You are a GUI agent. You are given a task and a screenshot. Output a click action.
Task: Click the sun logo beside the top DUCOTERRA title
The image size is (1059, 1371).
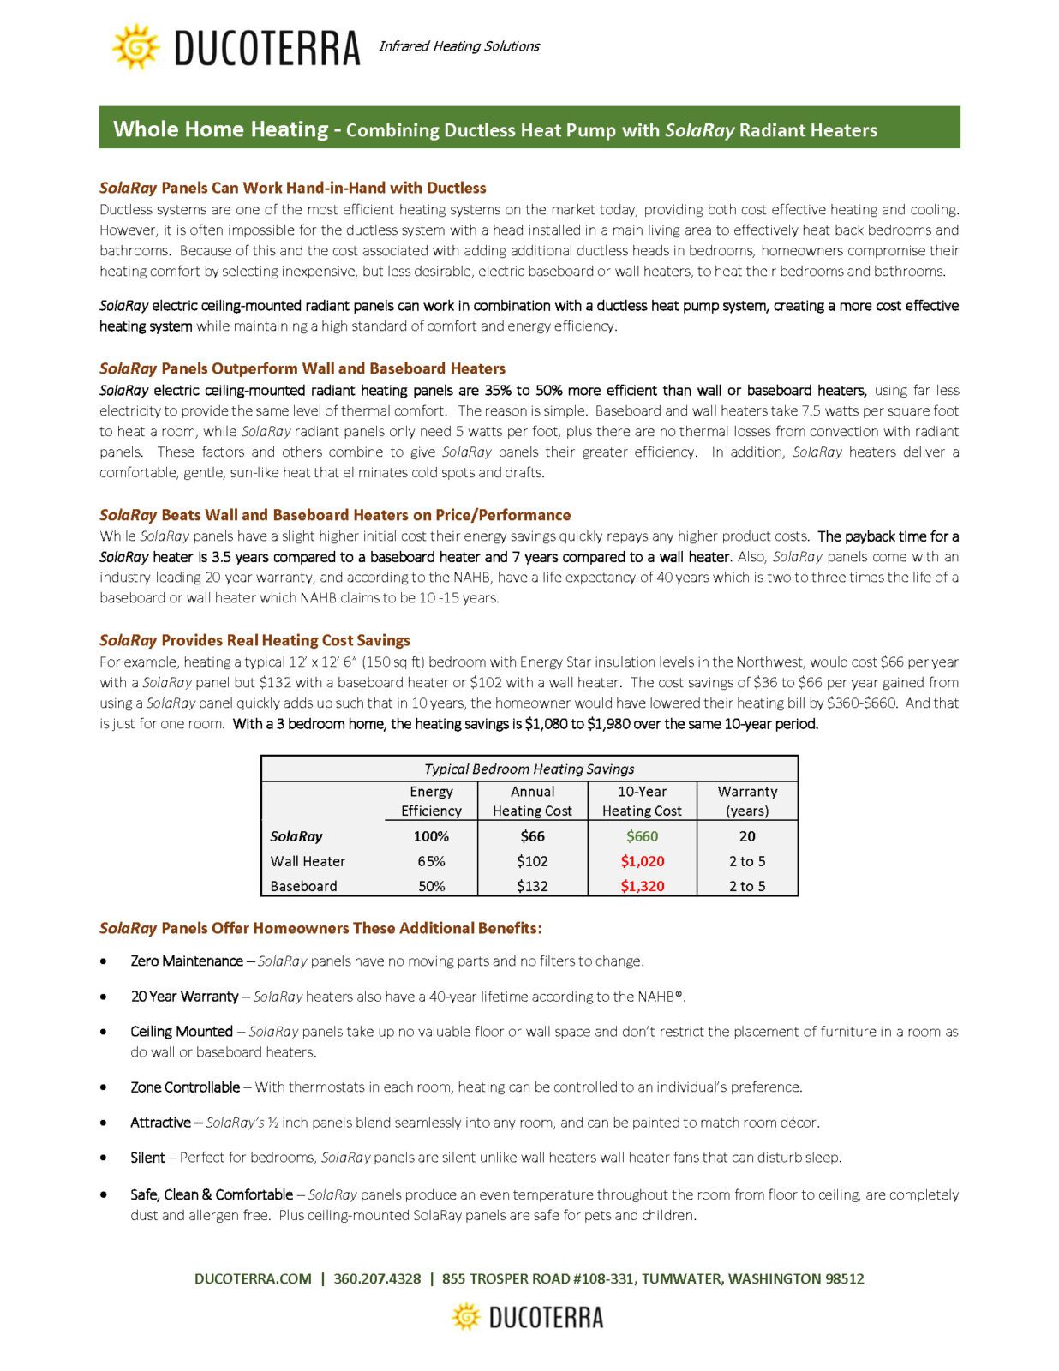click(x=135, y=47)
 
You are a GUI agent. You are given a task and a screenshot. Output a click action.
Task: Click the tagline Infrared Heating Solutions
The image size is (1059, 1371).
click(x=459, y=46)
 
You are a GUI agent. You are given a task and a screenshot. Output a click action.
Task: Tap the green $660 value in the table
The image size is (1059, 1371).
click(x=642, y=836)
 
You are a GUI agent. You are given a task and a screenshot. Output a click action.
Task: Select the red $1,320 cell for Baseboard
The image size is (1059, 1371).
click(x=642, y=886)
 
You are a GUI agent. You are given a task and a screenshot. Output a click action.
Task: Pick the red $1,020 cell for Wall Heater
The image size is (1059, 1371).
click(x=642, y=861)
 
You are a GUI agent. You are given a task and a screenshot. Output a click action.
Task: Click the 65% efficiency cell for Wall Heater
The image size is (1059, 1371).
click(x=431, y=861)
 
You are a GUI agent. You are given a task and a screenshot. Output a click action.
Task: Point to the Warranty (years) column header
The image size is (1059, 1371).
click(x=747, y=801)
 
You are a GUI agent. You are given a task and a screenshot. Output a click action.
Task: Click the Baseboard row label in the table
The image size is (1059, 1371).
click(x=303, y=886)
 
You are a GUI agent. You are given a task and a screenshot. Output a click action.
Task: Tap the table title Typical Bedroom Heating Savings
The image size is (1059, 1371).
click(x=529, y=769)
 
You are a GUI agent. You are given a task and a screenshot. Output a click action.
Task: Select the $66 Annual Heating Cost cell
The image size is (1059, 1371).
click(x=532, y=836)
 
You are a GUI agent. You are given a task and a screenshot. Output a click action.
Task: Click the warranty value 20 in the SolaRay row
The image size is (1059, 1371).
click(x=747, y=836)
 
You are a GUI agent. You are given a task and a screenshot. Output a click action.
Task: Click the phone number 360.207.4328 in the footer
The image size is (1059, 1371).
click(x=377, y=1278)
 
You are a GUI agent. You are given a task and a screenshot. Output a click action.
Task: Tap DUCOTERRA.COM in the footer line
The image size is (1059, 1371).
click(x=253, y=1278)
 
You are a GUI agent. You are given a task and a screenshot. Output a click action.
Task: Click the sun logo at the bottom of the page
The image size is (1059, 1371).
click(x=466, y=1317)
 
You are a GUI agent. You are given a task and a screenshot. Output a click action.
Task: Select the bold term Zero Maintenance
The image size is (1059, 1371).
click(x=186, y=961)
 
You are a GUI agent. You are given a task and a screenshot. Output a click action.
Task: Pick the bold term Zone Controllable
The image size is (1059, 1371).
click(x=185, y=1087)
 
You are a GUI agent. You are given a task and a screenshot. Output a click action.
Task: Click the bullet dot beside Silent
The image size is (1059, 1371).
click(x=104, y=1158)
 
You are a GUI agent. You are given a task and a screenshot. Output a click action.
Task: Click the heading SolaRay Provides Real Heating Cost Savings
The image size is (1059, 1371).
click(x=254, y=640)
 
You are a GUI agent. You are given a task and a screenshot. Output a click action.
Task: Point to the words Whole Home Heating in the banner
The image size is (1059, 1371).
click(x=220, y=129)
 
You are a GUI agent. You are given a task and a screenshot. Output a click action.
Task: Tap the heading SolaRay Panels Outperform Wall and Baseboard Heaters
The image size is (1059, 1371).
click(x=302, y=368)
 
